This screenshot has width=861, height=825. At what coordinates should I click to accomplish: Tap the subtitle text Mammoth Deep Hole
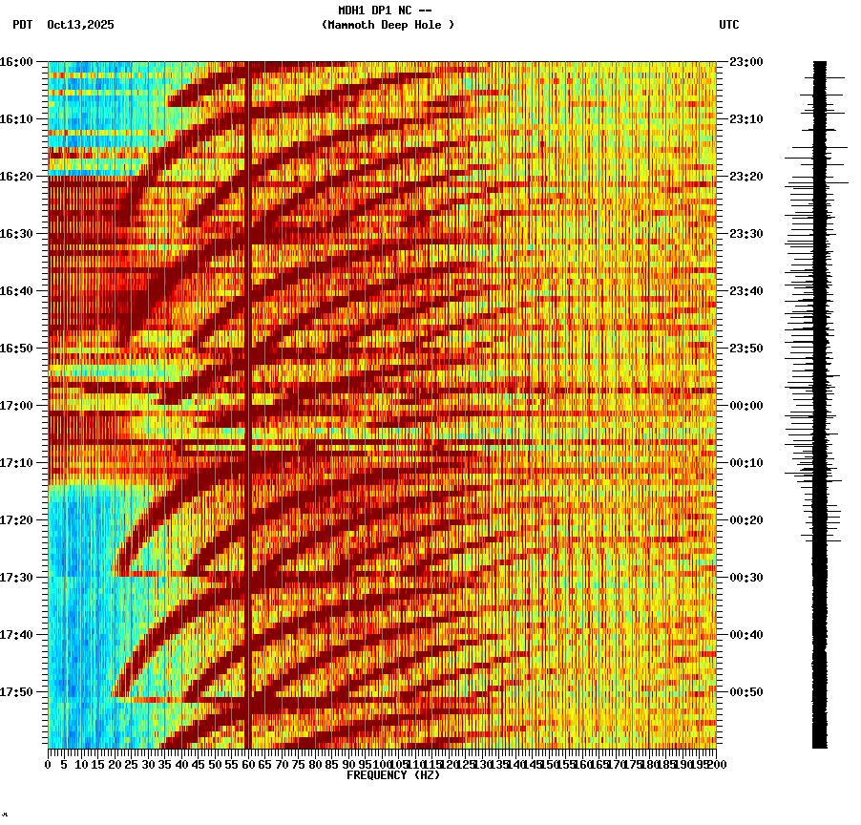point(388,25)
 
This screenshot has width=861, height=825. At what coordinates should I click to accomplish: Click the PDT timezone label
point(23,25)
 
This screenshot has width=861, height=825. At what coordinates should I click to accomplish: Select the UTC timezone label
point(729,25)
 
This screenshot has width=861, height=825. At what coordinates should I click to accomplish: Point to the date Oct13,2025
point(80,25)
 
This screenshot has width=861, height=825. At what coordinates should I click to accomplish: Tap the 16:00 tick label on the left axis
point(16,61)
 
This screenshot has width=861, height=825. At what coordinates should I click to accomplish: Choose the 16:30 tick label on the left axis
point(16,233)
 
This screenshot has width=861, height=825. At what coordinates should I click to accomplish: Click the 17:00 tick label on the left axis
point(16,405)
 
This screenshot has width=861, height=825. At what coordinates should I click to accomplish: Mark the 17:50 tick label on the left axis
point(16,691)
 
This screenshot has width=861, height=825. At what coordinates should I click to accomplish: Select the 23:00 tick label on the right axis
point(745,61)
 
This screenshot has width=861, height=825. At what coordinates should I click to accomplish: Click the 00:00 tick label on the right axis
point(745,405)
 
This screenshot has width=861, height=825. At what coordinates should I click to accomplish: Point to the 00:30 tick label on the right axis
point(745,577)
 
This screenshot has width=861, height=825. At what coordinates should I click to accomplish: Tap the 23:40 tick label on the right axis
point(745,290)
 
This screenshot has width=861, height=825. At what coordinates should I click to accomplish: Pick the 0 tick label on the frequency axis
point(49,764)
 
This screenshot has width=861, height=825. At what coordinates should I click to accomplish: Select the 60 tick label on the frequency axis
point(249,764)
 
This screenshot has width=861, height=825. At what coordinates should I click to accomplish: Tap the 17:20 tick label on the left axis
point(16,519)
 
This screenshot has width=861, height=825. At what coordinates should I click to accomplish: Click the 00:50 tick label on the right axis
point(745,691)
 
